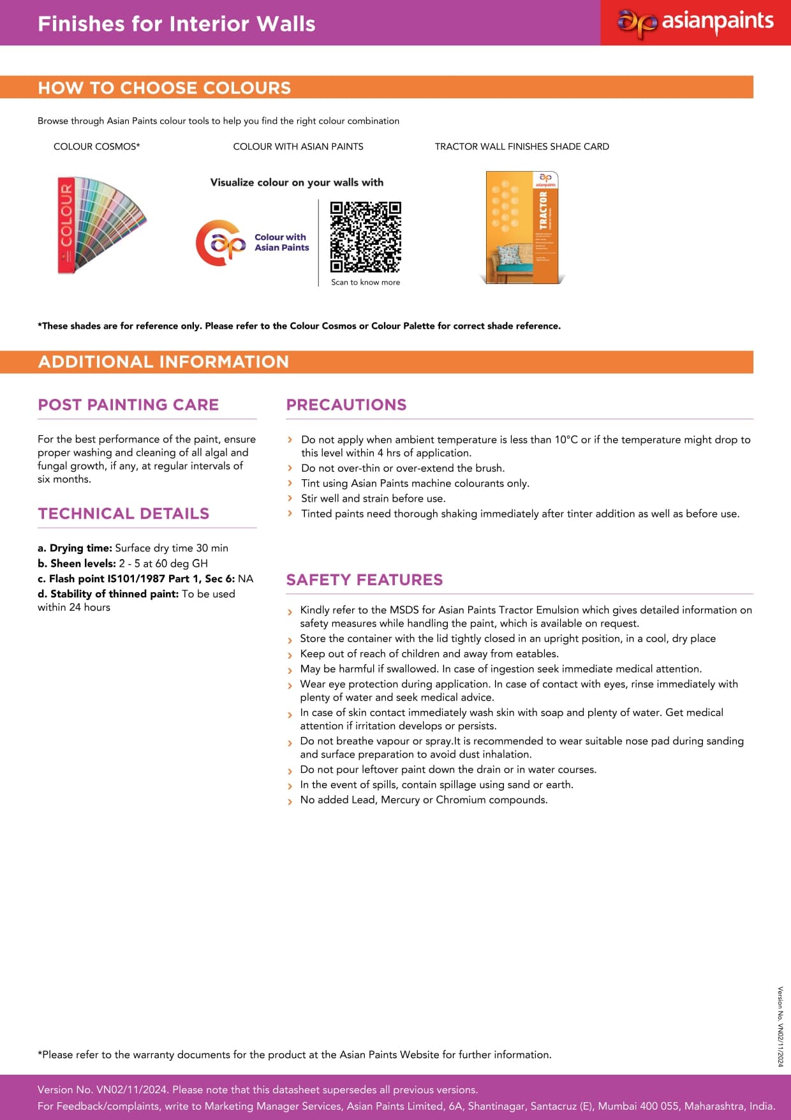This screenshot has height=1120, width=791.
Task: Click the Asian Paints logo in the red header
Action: pyautogui.click(x=695, y=23)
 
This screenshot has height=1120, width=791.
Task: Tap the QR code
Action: pyautogui.click(x=366, y=237)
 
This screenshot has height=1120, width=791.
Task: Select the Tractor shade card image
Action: pyautogui.click(x=522, y=227)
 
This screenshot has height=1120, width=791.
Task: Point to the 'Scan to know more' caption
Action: pyautogui.click(x=366, y=282)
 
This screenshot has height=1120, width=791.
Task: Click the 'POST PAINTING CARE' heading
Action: pyautogui.click(x=128, y=405)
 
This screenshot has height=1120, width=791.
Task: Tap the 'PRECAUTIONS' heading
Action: pyautogui.click(x=346, y=405)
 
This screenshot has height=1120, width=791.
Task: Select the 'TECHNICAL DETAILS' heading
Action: pyautogui.click(x=124, y=514)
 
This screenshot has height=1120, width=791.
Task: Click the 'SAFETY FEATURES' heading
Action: pyautogui.click(x=364, y=579)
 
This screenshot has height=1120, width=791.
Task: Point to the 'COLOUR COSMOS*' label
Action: pyautogui.click(x=97, y=147)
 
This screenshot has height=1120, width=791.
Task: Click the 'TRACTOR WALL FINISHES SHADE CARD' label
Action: pyautogui.click(x=522, y=147)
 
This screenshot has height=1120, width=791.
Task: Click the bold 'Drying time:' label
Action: pyautogui.click(x=80, y=548)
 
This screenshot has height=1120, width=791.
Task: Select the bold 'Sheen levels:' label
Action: pyautogui.click(x=83, y=564)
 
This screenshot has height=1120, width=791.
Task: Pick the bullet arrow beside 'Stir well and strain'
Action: pyautogui.click(x=290, y=498)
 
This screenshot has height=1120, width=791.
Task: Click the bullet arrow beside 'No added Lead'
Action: pyautogui.click(x=290, y=801)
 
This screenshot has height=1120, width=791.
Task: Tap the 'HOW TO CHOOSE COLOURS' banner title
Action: pyautogui.click(x=165, y=88)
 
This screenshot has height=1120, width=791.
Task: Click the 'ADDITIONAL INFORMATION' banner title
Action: pyautogui.click(x=163, y=362)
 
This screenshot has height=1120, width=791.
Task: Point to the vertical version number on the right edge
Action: pyautogui.click(x=780, y=1026)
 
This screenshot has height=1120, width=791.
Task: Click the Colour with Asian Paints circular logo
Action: pyautogui.click(x=220, y=243)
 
